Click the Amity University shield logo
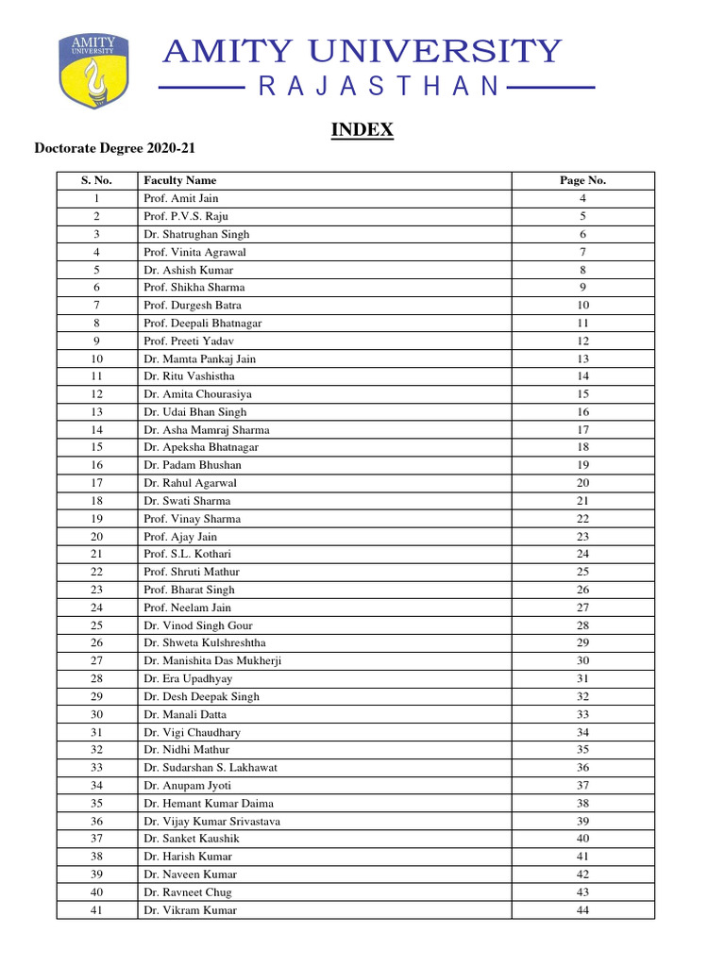(93, 71)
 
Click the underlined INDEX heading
(362, 130)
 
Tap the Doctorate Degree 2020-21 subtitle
(114, 149)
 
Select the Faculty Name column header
(179, 180)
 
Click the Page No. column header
(582, 180)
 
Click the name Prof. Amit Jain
(180, 198)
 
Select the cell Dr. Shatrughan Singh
(195, 234)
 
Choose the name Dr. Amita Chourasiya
(197, 394)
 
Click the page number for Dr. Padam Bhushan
(582, 465)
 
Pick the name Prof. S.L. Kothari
(187, 554)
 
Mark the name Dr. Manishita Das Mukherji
(212, 661)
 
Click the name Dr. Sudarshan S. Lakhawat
(211, 768)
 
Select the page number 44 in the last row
(582, 910)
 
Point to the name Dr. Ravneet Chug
(187, 892)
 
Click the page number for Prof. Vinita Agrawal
(582, 252)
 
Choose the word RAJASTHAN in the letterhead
(378, 88)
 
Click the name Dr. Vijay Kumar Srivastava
(211, 822)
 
